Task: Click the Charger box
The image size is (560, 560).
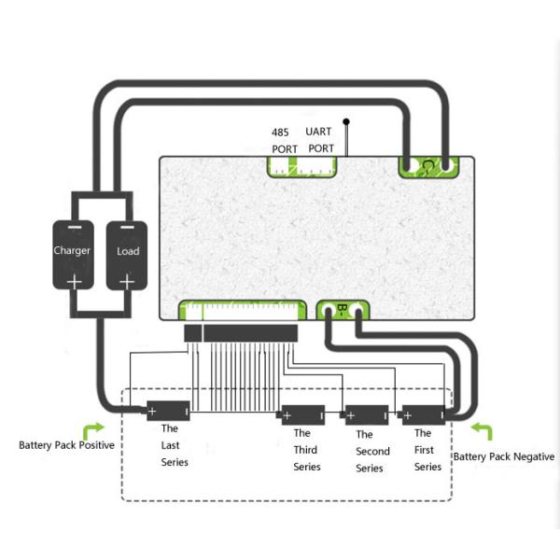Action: (x=72, y=254)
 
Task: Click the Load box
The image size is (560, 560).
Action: (x=128, y=254)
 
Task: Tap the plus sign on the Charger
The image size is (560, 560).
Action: (x=73, y=280)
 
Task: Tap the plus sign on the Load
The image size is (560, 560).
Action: (x=128, y=280)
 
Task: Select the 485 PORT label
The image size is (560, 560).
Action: (x=285, y=140)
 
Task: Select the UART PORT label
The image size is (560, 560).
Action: (x=321, y=140)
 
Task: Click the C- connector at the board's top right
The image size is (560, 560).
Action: (x=428, y=166)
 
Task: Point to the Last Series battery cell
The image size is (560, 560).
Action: (x=168, y=411)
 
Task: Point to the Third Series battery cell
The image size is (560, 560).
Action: (x=302, y=413)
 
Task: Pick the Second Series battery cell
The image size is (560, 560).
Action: (x=366, y=413)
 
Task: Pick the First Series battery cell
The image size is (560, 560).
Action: (x=423, y=413)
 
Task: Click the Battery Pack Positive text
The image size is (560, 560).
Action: (x=66, y=445)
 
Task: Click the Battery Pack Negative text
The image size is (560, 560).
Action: (x=503, y=456)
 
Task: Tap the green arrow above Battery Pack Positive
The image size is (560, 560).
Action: (x=94, y=429)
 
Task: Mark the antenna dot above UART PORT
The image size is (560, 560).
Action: (x=346, y=120)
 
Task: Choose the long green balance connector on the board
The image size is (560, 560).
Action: (x=243, y=309)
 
